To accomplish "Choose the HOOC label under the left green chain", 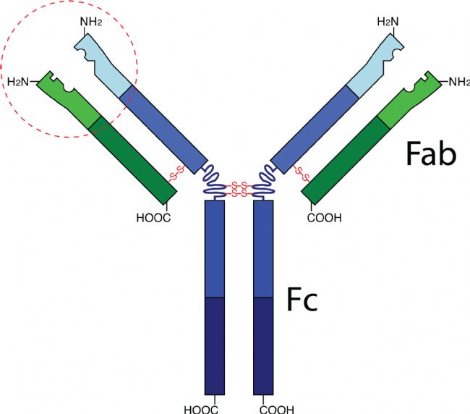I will (153, 216).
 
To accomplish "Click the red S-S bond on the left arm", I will (177, 174).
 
